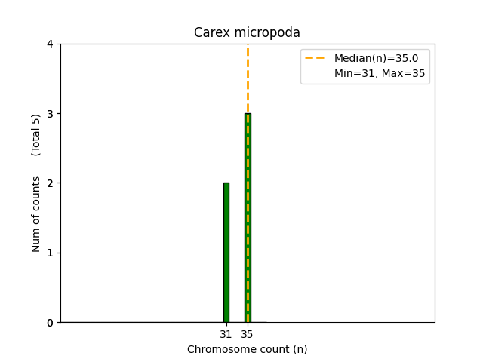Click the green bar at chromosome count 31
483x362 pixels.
coord(226,253)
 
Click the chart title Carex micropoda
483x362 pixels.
coord(247,32)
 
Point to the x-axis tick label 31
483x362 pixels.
coord(226,334)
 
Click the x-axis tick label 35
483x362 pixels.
coord(248,334)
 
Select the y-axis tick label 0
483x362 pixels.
coord(51,323)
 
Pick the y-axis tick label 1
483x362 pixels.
coord(51,253)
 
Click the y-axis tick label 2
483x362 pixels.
coord(51,183)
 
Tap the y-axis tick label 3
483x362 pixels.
coord(51,114)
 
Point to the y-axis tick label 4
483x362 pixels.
coord(51,44)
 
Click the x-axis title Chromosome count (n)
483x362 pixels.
coord(247,349)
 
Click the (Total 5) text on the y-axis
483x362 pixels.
coord(36,135)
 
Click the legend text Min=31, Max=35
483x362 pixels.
coord(380,73)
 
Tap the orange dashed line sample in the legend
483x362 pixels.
coord(315,58)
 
